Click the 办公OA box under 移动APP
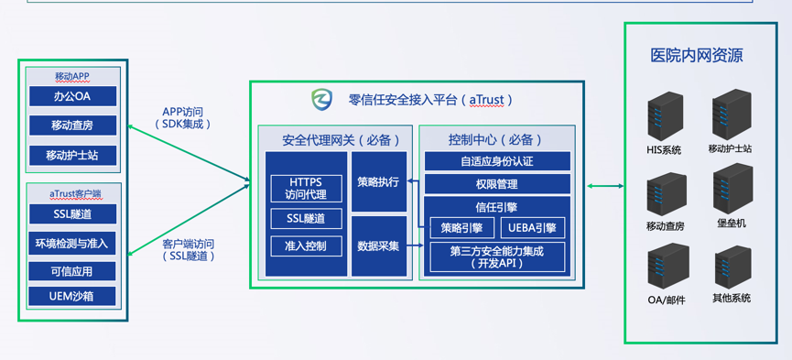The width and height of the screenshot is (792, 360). [72, 96]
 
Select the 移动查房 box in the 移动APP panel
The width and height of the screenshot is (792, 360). [72, 125]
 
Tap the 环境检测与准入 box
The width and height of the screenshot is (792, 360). [72, 243]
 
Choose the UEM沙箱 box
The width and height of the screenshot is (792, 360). [72, 296]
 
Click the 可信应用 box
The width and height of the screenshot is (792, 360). [72, 271]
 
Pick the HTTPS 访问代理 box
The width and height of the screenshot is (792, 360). [307, 189]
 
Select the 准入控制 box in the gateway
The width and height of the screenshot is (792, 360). [307, 246]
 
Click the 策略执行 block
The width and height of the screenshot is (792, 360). [379, 181]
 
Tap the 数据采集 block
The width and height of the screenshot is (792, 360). [379, 246]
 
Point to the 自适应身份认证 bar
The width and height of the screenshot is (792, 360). [497, 161]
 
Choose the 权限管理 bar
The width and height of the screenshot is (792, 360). [497, 184]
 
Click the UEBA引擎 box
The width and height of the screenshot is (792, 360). [532, 228]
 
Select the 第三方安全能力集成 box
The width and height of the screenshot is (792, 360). [497, 256]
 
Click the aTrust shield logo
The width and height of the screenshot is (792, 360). [321, 99]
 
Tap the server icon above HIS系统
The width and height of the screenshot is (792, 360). [666, 117]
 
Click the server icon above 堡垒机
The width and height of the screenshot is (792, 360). [732, 189]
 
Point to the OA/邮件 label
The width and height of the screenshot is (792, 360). [667, 300]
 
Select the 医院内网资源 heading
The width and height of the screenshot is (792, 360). [696, 56]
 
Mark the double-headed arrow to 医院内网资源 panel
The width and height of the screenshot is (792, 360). [605, 186]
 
